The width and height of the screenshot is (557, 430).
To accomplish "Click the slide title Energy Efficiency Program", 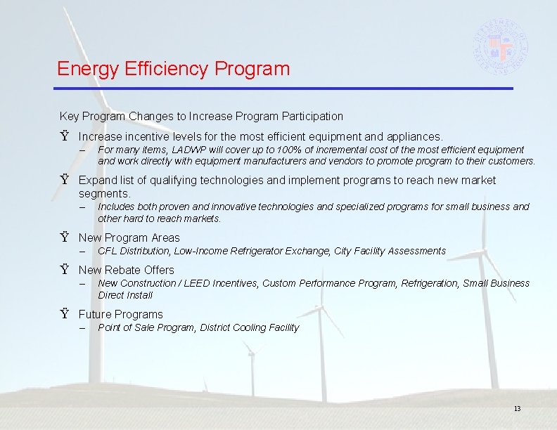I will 173,69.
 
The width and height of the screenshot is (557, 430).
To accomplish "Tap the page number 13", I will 517,409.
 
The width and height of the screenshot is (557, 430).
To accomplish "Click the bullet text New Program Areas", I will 129,237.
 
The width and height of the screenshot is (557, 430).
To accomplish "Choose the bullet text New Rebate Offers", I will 126,270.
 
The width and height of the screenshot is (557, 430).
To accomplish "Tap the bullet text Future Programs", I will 120,314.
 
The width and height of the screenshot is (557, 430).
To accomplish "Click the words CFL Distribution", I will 134,251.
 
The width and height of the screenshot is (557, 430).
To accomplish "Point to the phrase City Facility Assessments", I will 390,251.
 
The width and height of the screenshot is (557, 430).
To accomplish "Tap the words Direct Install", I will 125,295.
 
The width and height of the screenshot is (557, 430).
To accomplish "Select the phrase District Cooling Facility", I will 250,327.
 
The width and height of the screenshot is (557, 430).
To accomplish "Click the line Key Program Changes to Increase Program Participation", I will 201,116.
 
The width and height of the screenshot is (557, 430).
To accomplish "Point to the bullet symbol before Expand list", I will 64,181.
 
